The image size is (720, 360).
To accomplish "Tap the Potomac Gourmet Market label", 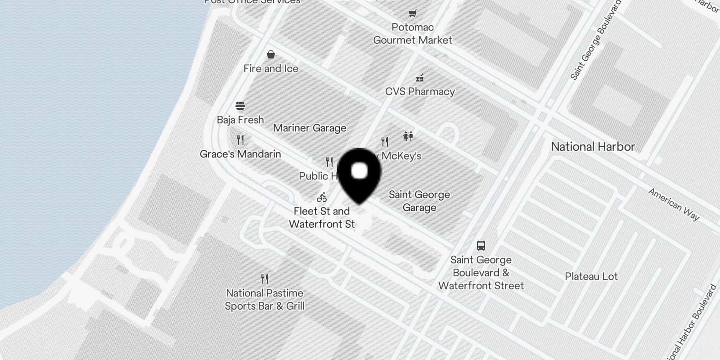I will (x=413, y=34).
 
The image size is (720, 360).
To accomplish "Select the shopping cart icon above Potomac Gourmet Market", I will (x=413, y=13).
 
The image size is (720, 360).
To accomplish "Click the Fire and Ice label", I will (x=271, y=69).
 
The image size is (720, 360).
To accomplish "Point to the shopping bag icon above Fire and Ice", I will (x=271, y=54).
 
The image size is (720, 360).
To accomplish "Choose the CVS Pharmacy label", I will (x=420, y=92).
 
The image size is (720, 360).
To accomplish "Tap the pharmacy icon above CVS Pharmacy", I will (x=420, y=78).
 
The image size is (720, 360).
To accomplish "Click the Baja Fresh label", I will (x=240, y=120).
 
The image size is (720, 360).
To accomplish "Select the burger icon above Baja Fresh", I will (x=240, y=106).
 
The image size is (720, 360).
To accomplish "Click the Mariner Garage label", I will (x=310, y=128).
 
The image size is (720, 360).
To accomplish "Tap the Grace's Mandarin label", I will (x=240, y=154).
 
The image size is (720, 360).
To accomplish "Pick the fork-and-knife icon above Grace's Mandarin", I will (x=240, y=140).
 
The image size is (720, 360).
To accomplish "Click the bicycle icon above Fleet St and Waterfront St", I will (x=322, y=197).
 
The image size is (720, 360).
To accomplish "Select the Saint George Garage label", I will (x=419, y=201).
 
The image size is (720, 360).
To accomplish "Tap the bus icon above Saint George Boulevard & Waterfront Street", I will (x=481, y=246).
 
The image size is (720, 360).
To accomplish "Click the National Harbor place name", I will (x=593, y=147).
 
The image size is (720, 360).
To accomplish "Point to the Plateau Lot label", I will (x=591, y=277).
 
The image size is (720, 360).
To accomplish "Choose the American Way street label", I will (x=674, y=205).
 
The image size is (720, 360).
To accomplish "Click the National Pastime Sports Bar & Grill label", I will (x=265, y=300).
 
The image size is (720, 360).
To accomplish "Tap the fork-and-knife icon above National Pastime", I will (x=265, y=279).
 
